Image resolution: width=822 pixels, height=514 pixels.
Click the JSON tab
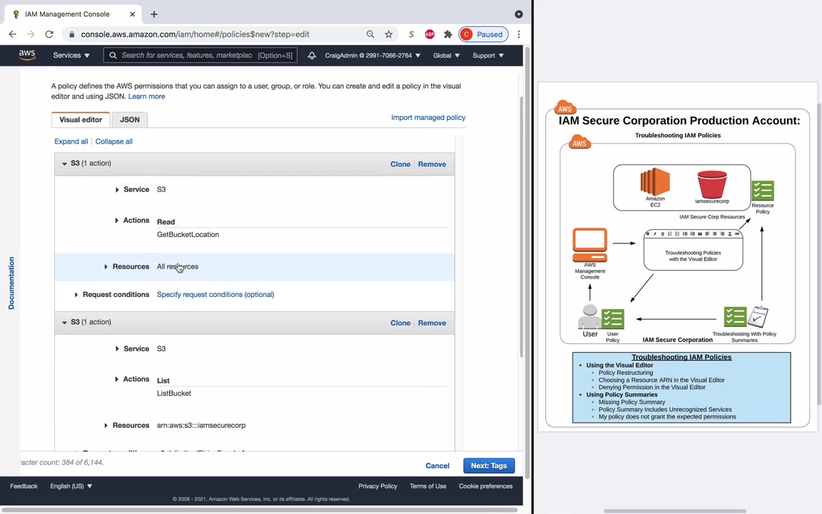point(129,120)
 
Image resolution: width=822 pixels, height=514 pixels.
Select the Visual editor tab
point(81,120)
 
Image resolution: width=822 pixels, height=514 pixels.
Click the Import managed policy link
point(427,118)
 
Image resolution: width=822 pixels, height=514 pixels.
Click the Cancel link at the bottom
point(437,466)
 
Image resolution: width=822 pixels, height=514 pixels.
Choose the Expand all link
point(71,141)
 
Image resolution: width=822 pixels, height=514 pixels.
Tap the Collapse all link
point(113,141)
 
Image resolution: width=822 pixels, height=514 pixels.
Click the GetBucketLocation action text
point(188,235)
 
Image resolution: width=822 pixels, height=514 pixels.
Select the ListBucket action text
point(173,393)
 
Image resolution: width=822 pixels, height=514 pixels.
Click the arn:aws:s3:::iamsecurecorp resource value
point(201,425)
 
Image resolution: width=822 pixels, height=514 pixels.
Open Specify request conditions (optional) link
point(215,295)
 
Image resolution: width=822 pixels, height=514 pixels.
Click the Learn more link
point(146,96)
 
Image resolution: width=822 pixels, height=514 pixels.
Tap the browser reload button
point(49,34)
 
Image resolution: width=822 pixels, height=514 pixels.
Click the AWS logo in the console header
point(27,55)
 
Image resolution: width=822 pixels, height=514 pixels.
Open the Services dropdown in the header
point(71,56)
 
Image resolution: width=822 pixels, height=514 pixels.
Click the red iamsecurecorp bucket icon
point(711,184)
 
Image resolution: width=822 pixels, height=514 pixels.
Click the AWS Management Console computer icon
point(589,246)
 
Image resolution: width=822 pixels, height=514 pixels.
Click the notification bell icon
point(312,56)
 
